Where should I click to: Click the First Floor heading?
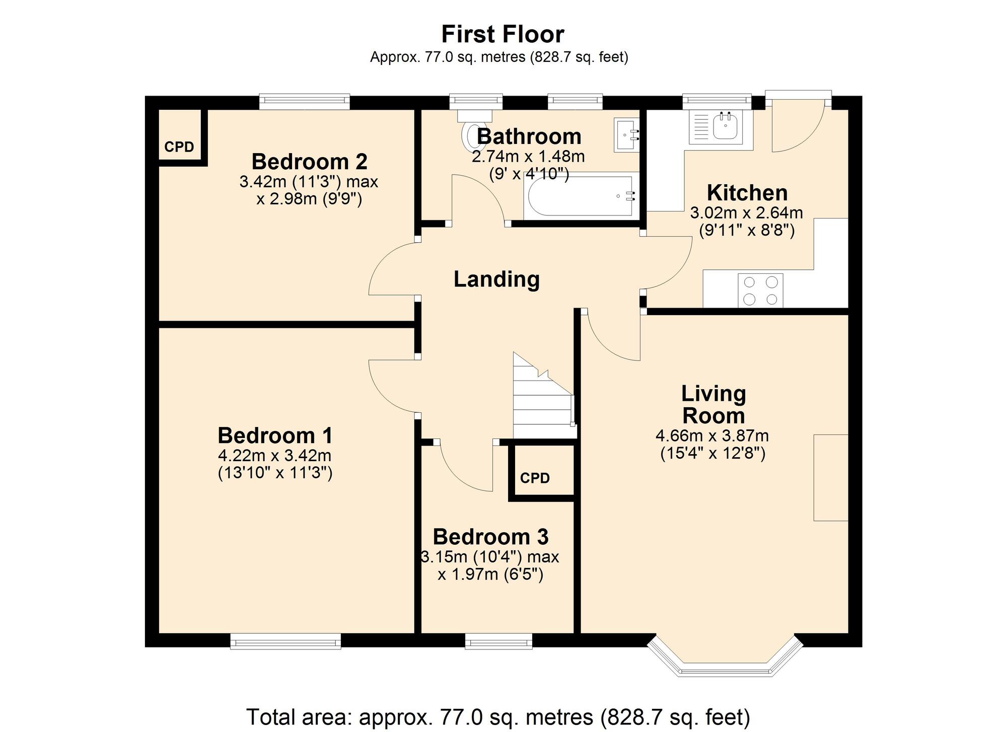point(502,35)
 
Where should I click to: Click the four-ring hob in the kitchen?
point(760,290)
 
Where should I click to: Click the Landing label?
point(496,279)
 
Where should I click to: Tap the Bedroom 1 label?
point(275,435)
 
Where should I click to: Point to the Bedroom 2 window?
point(304,102)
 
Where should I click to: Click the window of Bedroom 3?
point(498,641)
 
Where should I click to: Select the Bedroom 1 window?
point(285,641)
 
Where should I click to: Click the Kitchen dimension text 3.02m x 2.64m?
point(746,213)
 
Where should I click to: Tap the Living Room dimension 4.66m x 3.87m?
point(712,436)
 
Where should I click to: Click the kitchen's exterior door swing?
point(798,125)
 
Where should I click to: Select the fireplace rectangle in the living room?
point(831,477)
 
